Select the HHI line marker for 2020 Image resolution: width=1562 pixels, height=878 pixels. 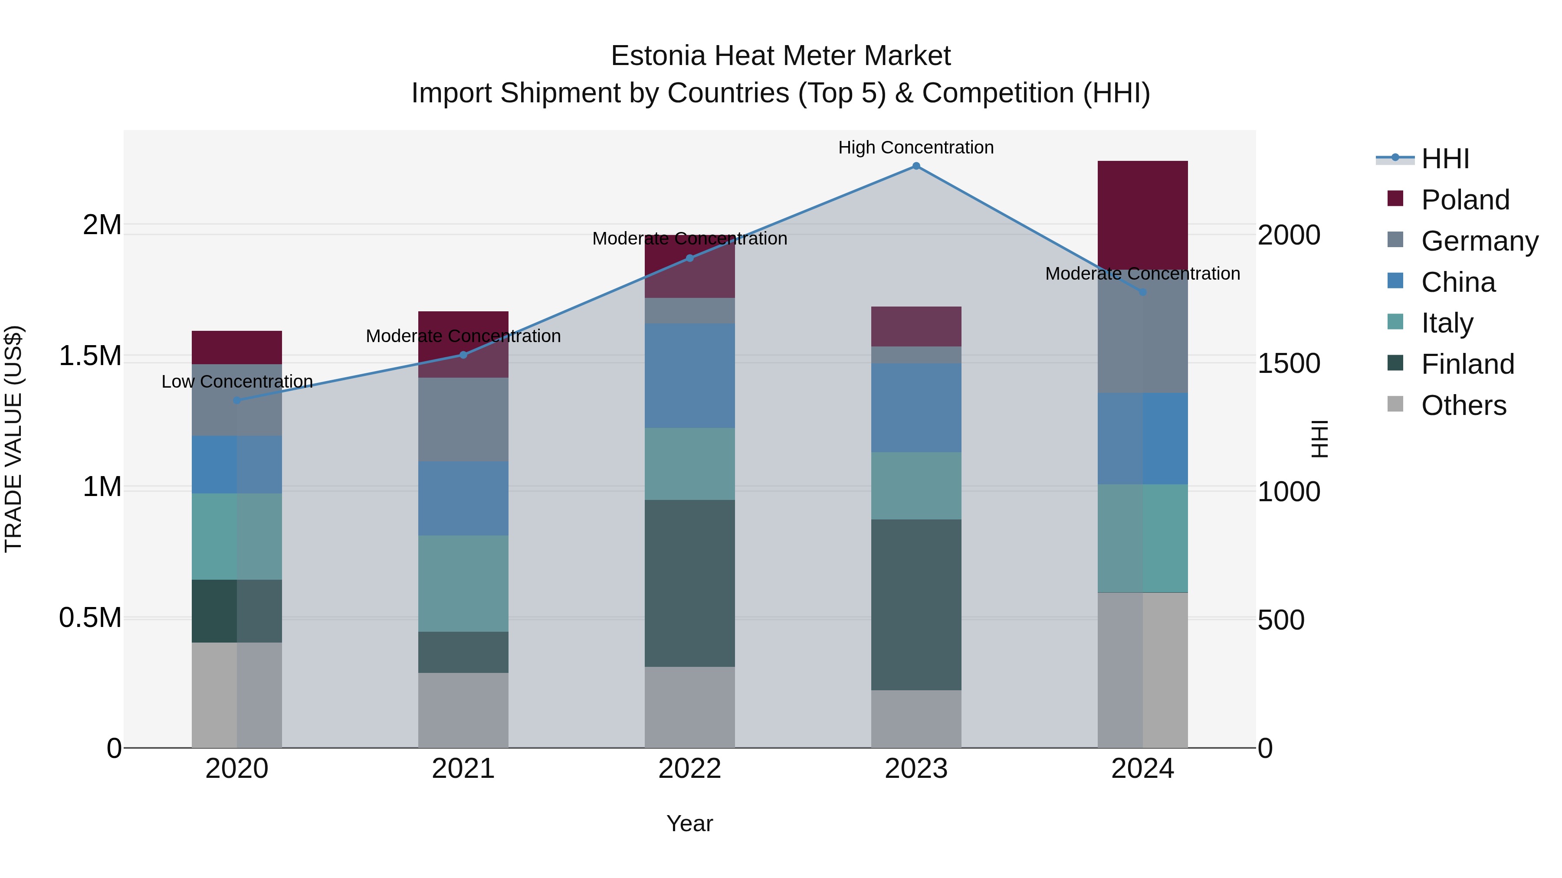pos(237,400)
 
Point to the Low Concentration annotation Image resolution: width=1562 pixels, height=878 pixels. pos(237,382)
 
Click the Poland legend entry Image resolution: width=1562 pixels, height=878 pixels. pos(1465,200)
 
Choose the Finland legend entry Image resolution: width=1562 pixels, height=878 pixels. pos(1467,364)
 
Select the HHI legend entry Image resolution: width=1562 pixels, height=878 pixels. pos(1445,159)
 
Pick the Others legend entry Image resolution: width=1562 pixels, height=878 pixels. pos(1463,405)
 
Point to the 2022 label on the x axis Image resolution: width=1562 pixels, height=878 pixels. pos(689,769)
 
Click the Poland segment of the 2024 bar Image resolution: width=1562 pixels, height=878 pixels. pos(1142,215)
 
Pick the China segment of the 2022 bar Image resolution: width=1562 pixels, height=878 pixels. pos(689,375)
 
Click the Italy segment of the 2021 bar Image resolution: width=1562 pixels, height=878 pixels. pos(463,584)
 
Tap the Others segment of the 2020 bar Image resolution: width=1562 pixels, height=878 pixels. pos(237,695)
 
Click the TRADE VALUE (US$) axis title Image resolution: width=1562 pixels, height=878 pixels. pos(13,439)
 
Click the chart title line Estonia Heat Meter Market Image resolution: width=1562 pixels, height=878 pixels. pos(781,56)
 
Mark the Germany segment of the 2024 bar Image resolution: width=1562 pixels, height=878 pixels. pos(1142,331)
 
